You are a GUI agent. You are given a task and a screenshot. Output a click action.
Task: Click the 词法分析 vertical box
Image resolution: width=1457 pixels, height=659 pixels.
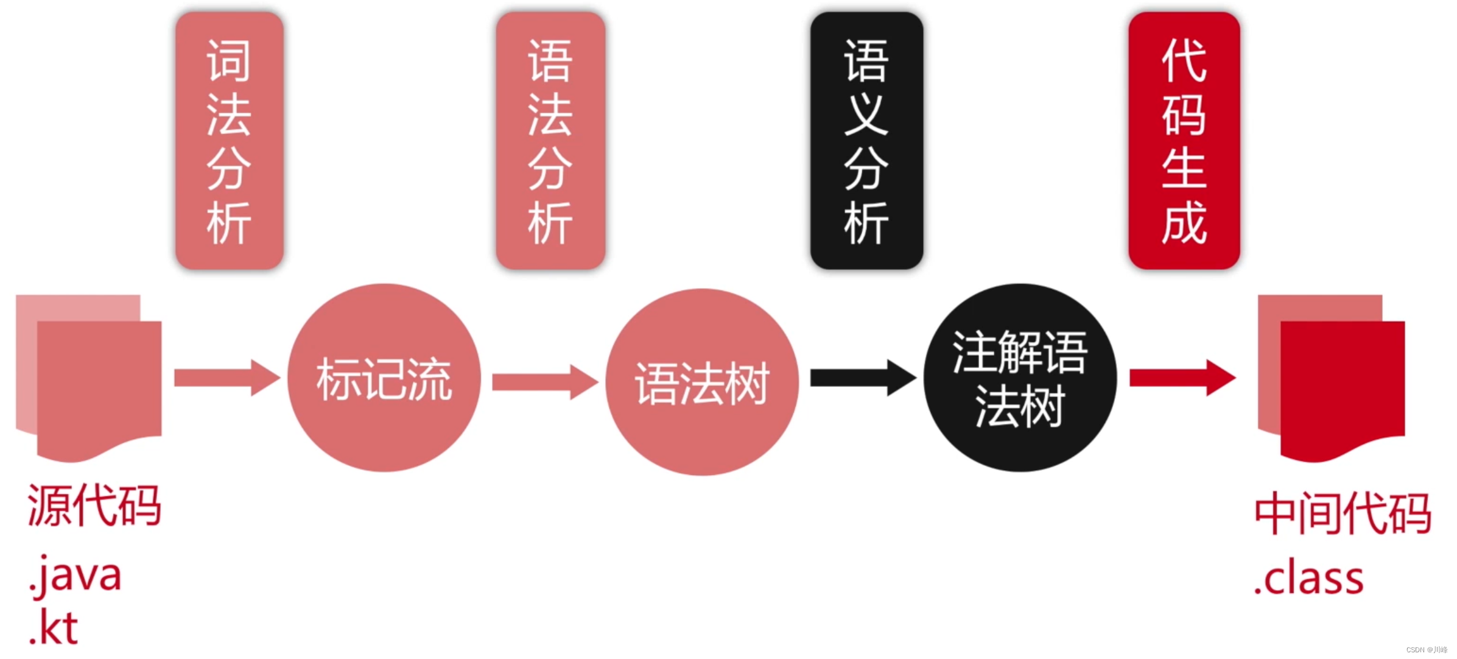point(229,141)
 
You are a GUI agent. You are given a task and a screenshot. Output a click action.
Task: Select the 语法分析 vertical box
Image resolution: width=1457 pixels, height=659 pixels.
point(550,141)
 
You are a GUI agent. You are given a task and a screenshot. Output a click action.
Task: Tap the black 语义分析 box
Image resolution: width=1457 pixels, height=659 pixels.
point(866,141)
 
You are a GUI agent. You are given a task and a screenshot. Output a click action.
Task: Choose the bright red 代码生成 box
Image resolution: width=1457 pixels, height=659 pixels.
point(1184,141)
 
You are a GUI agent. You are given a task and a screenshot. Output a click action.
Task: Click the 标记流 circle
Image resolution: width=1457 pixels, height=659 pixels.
point(384,378)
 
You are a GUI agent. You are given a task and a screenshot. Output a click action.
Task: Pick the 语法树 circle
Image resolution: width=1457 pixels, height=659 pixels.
point(701,382)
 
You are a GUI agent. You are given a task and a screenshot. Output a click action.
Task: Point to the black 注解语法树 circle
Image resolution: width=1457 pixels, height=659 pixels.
point(1020,378)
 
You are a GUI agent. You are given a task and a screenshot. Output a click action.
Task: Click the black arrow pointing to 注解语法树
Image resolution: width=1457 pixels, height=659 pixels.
point(862,378)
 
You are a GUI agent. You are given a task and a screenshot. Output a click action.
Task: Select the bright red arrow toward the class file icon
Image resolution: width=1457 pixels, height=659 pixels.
point(1181,378)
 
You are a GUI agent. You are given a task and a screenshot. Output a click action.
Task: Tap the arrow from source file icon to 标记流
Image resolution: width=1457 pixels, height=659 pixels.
point(226,378)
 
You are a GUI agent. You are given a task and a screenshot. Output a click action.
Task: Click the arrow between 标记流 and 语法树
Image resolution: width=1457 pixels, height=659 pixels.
point(544,382)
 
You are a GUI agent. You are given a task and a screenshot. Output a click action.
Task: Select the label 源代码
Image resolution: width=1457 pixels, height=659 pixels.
point(94,506)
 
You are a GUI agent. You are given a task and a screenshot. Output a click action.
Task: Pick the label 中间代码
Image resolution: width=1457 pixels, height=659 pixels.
point(1343,513)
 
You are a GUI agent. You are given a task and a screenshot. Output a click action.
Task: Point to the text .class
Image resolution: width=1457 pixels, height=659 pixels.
point(1309,579)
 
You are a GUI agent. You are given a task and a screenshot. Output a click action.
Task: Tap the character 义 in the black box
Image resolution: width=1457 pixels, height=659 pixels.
point(866,114)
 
